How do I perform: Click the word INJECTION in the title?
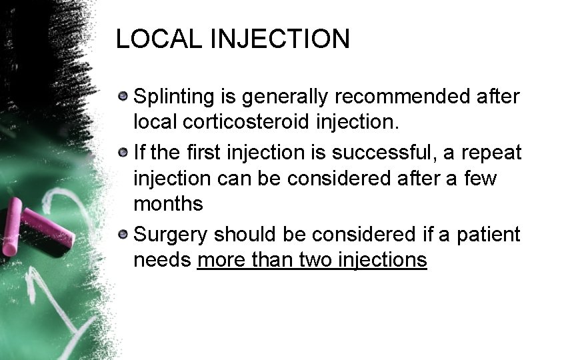point(281,39)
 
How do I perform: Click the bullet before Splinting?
point(123,97)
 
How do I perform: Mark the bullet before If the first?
point(123,153)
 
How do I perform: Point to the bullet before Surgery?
point(123,234)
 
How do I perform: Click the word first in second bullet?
point(199,153)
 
